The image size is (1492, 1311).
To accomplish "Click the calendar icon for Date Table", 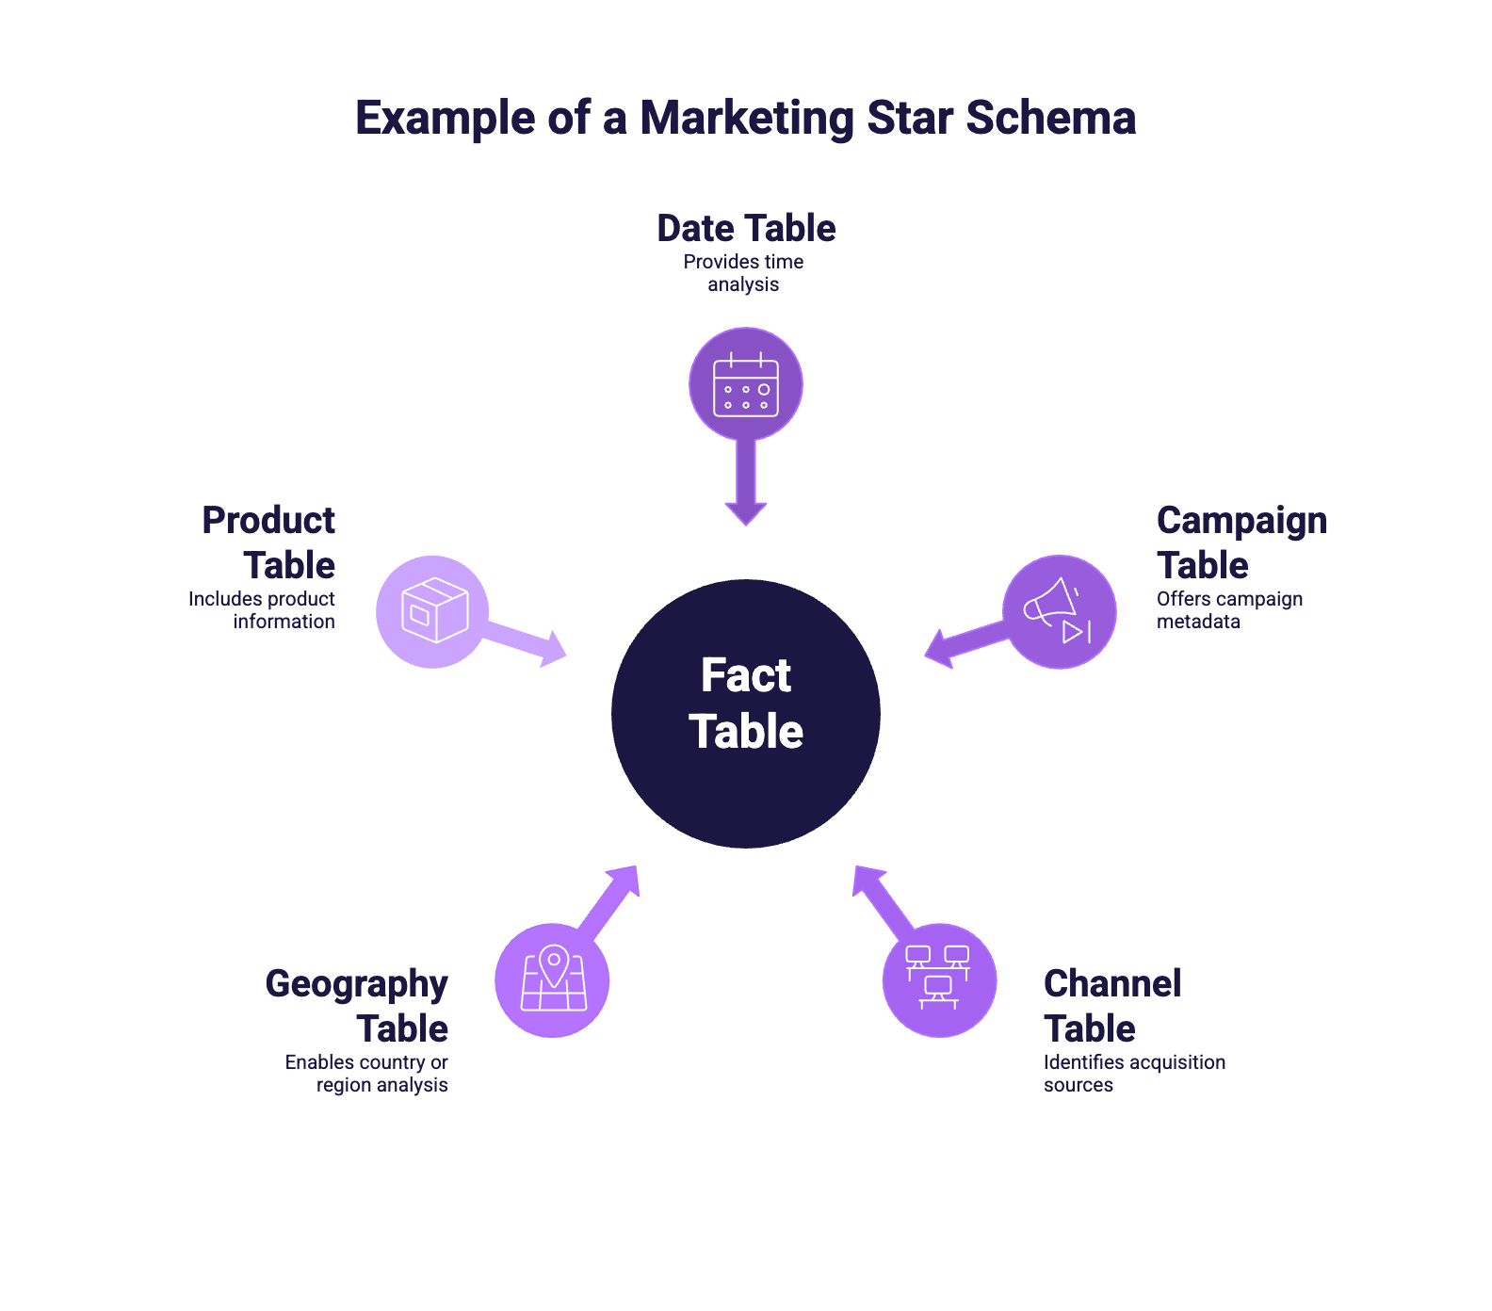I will tap(746, 384).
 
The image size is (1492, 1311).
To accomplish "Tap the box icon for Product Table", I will tap(433, 611).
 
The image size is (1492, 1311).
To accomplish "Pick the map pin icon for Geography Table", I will tap(553, 979).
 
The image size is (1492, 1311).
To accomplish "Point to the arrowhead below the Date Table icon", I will tap(746, 513).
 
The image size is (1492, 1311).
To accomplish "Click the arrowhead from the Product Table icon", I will tap(553, 649).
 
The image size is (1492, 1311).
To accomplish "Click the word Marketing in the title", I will tap(746, 119).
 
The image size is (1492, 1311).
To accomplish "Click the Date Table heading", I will tap(746, 228).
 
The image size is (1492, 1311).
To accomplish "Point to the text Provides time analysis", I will tap(743, 273).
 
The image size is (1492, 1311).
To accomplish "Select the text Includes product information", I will tap(262, 610).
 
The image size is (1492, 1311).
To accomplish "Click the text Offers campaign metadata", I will tap(1228, 610).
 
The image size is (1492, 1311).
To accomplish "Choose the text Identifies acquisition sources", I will tap(1133, 1074).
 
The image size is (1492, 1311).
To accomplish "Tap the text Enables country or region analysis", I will tap(366, 1074).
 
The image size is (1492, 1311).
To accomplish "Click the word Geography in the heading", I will tap(356, 984).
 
